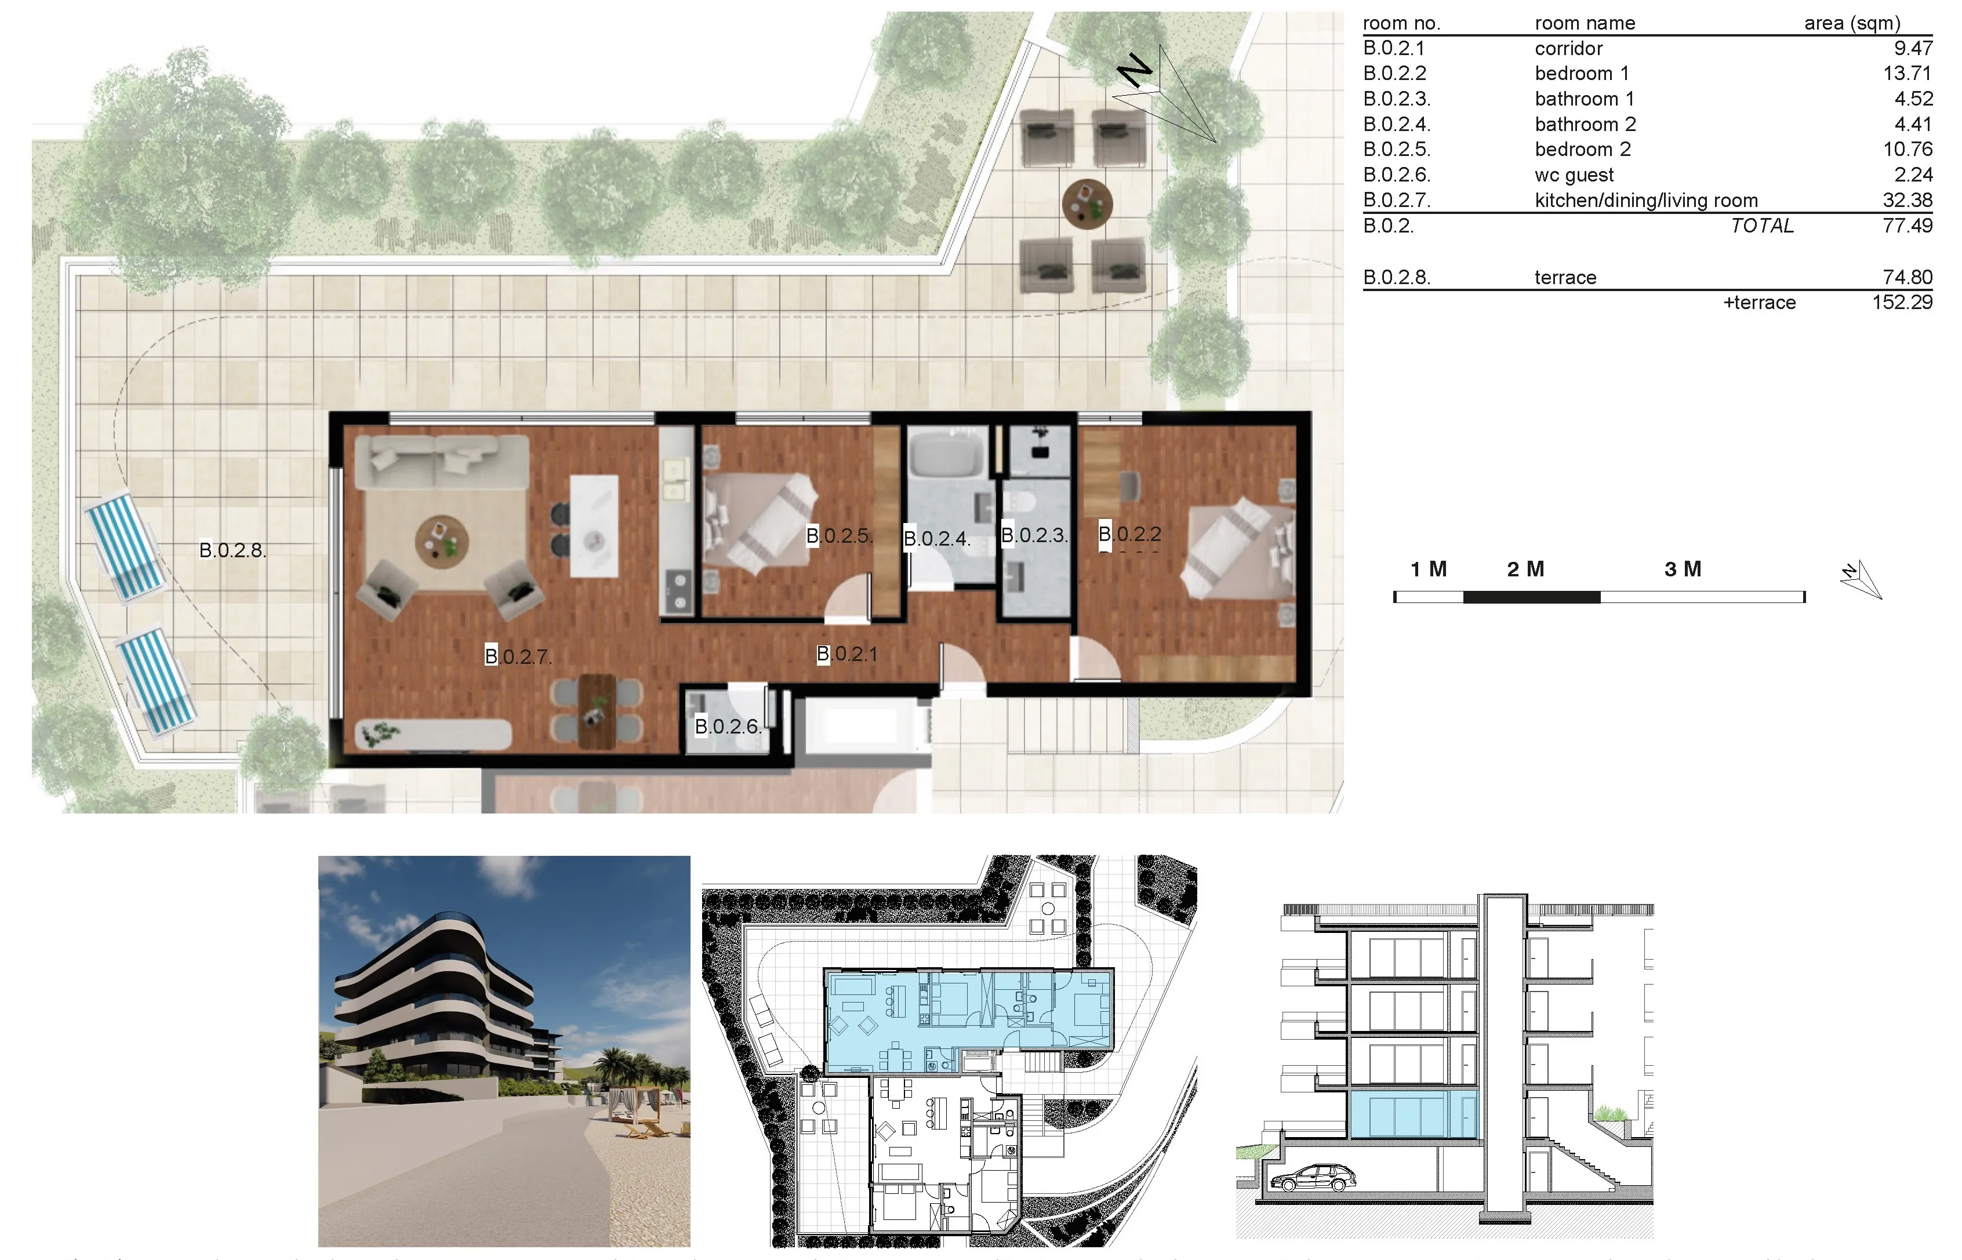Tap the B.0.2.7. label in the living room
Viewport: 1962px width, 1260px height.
tap(518, 656)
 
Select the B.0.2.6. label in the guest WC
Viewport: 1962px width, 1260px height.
tap(728, 726)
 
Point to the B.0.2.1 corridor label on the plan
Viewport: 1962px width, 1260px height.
tap(847, 653)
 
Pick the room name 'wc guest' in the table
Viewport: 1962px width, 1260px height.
tap(1574, 175)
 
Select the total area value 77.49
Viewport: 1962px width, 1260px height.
tap(1907, 226)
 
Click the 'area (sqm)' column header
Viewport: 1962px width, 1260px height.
tap(1852, 24)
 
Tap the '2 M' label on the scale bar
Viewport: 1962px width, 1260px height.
tap(1525, 569)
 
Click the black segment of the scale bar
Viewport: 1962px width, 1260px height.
tap(1531, 597)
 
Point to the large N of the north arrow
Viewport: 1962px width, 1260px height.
tap(1135, 71)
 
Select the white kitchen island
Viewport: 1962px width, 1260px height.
tap(594, 526)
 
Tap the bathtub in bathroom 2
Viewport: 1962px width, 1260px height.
tap(946, 456)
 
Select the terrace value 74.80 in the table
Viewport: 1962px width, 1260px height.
tap(1907, 277)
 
